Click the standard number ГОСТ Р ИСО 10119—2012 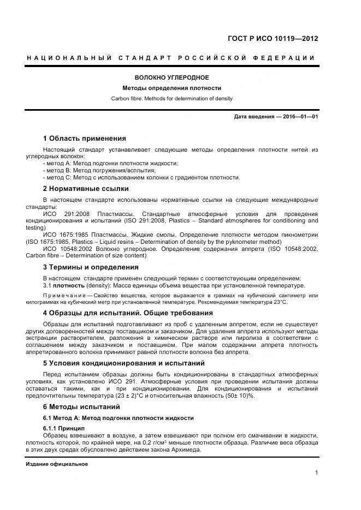(272, 39)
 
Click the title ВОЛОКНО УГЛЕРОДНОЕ (172, 78)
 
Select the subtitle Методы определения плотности (172, 88)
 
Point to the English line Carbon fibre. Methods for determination (172, 99)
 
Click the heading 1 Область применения (84, 139)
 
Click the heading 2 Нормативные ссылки (86, 189)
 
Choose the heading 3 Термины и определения (90, 267)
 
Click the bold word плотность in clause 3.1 (69, 285)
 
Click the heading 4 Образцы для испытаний (127, 313)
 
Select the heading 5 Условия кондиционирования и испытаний (123, 363)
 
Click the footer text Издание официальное (57, 464)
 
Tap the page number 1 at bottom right (316, 472)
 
